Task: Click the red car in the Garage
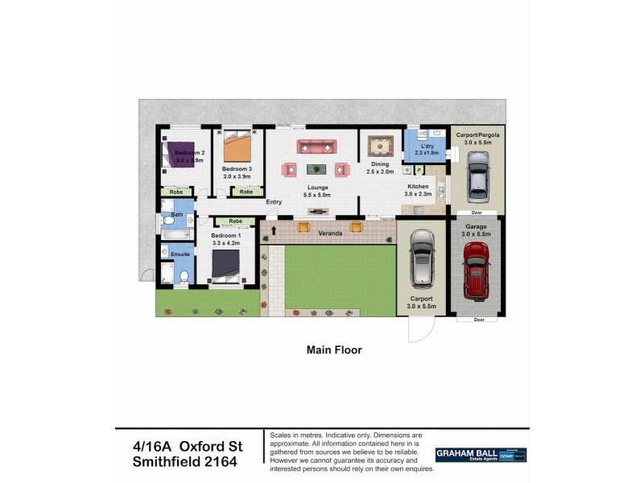476,269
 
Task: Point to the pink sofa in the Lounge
316,147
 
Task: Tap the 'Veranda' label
329,233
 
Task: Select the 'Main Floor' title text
334,350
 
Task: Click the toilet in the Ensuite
184,278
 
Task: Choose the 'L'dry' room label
427,146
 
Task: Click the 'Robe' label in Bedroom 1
236,221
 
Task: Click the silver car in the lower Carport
421,259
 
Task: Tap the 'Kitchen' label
418,187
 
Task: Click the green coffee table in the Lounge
316,168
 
